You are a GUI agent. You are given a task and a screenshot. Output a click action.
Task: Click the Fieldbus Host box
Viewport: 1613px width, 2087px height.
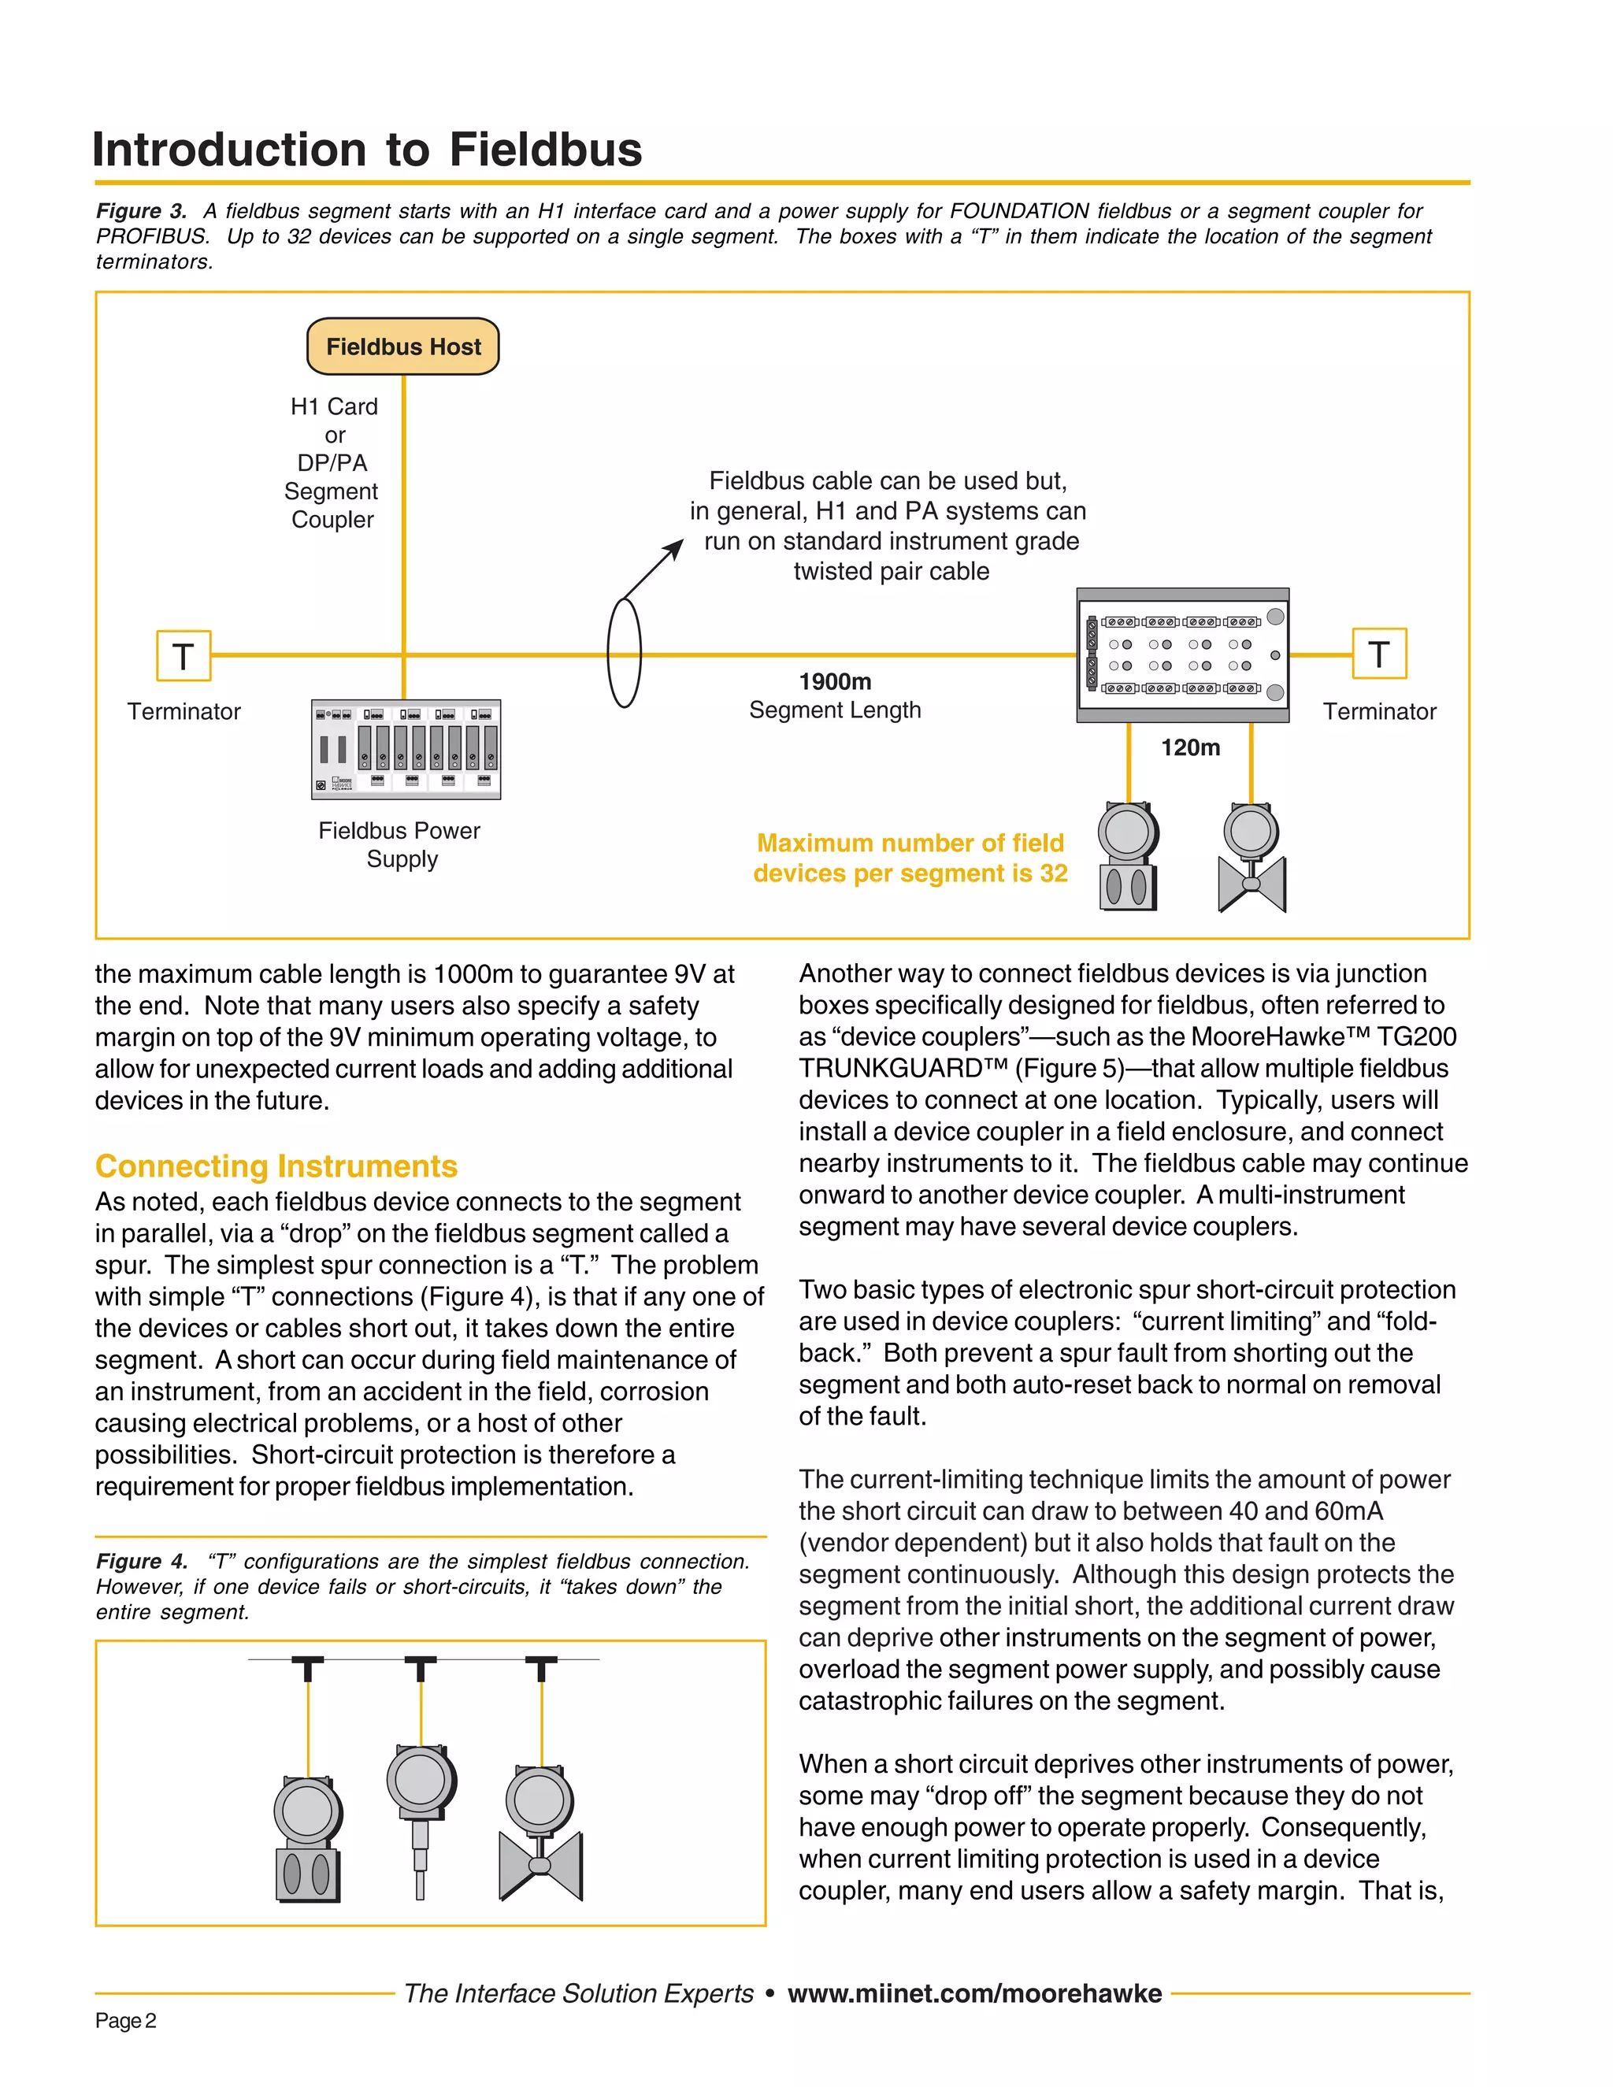(402, 347)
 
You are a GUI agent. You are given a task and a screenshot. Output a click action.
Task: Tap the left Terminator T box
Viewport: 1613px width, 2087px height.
(184, 655)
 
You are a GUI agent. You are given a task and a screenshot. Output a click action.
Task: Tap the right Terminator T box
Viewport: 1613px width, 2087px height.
(1379, 654)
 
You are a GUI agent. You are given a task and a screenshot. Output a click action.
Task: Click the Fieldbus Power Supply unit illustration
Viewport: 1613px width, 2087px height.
(406, 750)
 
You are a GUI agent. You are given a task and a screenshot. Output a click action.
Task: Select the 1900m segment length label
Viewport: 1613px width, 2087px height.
(834, 682)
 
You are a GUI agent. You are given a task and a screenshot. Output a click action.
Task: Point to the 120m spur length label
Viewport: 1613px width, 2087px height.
(1191, 748)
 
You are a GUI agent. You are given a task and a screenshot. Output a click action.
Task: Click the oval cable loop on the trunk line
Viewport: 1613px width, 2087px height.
(624, 654)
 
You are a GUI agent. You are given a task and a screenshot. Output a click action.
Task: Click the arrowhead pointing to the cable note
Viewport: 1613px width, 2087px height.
(675, 547)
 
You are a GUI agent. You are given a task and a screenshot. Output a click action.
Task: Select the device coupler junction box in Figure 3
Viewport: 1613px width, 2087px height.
(1183, 655)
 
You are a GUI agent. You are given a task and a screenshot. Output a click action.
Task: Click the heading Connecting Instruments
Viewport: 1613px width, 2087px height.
(276, 1167)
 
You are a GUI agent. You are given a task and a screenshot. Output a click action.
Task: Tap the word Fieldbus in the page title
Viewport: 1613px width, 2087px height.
(546, 150)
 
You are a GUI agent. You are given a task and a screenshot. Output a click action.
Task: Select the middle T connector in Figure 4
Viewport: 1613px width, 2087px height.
(421, 1669)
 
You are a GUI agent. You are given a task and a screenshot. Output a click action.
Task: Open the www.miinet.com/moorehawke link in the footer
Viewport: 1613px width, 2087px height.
(975, 1993)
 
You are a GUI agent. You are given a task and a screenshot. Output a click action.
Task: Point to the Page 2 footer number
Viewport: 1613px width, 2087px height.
(125, 2021)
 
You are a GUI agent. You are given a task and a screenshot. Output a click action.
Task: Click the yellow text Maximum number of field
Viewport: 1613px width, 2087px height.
(910, 843)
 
